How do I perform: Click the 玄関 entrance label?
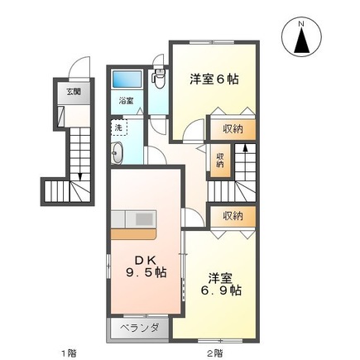click(x=74, y=92)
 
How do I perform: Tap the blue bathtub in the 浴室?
click(x=127, y=79)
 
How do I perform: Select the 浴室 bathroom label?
click(x=127, y=101)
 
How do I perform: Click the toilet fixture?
click(x=159, y=79)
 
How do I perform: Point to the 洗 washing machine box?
click(x=119, y=127)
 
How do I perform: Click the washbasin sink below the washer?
click(x=117, y=153)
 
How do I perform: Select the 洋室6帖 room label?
click(x=214, y=79)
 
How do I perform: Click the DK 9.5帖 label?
click(x=146, y=266)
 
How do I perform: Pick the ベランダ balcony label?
click(x=140, y=328)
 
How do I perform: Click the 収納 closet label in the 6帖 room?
click(x=233, y=129)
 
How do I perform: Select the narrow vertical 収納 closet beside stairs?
click(x=220, y=160)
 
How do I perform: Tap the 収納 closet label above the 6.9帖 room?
click(x=233, y=215)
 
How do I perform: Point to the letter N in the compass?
click(x=302, y=24)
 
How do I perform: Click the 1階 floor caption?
click(x=68, y=353)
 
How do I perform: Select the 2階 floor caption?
click(x=215, y=353)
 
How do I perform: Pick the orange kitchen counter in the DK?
click(x=133, y=234)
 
